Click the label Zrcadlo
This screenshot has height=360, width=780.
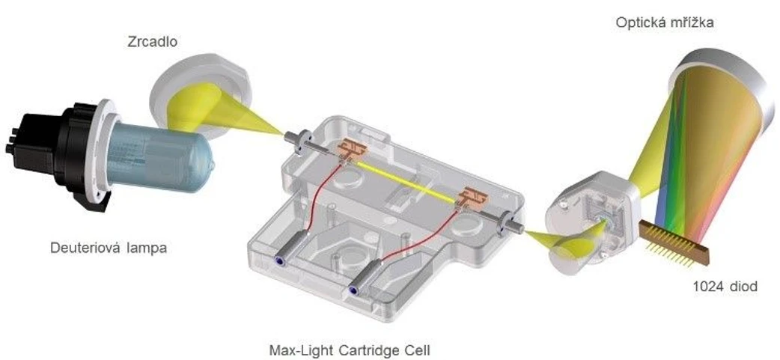[152, 42]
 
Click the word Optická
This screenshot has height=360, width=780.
[639, 22]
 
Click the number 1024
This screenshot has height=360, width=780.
[708, 287]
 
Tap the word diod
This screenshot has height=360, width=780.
[743, 287]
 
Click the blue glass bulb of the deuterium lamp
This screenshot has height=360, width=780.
[160, 155]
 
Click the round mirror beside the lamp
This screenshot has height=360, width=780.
[199, 100]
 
